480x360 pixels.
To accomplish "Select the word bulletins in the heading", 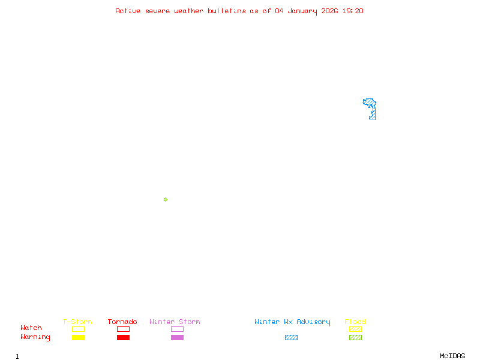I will pyautogui.click(x=227, y=11).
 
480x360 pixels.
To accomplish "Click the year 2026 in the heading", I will pyautogui.click(x=330, y=11).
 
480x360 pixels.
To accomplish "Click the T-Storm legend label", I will pyautogui.click(x=77, y=322).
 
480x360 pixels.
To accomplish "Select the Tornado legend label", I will pyautogui.click(x=122, y=322).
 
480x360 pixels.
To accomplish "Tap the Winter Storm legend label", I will pyautogui.click(x=175, y=322).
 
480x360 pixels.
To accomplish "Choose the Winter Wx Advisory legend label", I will pyautogui.click(x=292, y=322).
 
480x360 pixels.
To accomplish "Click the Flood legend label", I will pyautogui.click(x=355, y=322).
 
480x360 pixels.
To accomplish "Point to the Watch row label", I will pyautogui.click(x=31, y=328).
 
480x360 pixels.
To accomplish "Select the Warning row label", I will pyautogui.click(x=35, y=337).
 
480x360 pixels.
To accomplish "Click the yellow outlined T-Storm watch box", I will pyautogui.click(x=78, y=329).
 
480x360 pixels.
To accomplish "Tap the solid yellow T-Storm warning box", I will pyautogui.click(x=78, y=337).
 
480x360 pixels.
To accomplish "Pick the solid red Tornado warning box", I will pyautogui.click(x=123, y=337).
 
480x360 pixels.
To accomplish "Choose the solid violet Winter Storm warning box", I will pyautogui.click(x=177, y=337).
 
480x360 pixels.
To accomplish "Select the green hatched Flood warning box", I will pyautogui.click(x=355, y=337).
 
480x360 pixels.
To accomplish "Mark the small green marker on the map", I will pyautogui.click(x=166, y=199).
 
